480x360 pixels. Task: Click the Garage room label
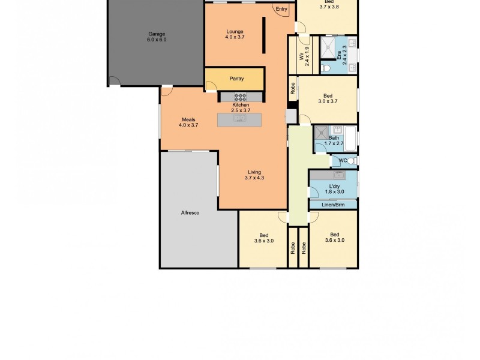coord(156,37)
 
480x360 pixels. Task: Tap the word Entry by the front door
coord(281,9)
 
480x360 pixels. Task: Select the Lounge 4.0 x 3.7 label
coord(235,35)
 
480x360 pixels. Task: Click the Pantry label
coord(236,79)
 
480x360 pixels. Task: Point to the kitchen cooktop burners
coord(240,97)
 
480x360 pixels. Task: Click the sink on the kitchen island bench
coord(239,119)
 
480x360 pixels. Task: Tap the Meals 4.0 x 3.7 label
coord(189,122)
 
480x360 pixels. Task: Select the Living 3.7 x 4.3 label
coord(254,175)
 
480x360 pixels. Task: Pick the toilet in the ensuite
coord(325,68)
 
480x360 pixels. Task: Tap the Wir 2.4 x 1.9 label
coord(304,55)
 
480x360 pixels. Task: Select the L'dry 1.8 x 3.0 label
coord(335,189)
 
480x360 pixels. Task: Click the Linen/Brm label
coord(333,205)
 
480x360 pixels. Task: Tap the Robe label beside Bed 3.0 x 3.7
coord(293,89)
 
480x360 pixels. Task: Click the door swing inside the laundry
coord(314,192)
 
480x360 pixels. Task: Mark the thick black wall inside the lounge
coord(263,37)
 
